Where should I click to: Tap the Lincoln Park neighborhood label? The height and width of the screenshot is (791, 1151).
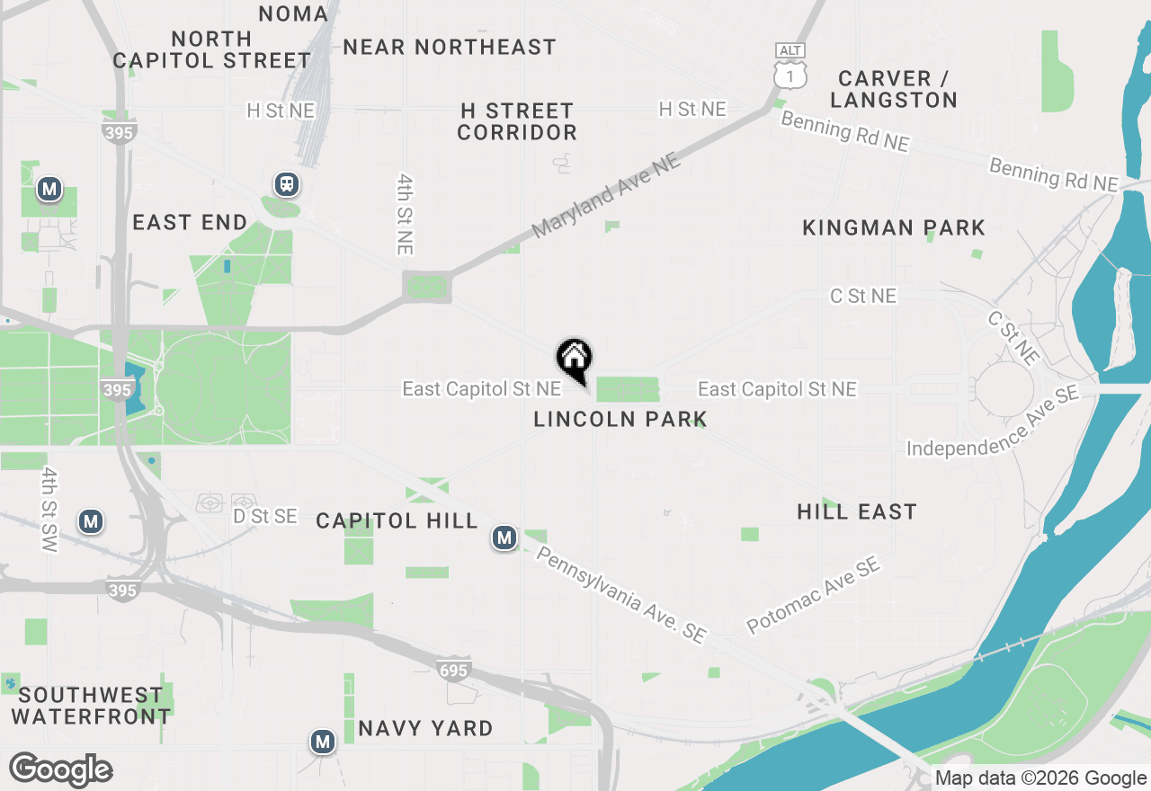[620, 419]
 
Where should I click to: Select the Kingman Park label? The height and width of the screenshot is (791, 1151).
[894, 228]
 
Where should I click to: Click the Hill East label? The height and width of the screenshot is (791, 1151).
[857, 512]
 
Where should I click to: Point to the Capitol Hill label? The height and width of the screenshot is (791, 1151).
[397, 521]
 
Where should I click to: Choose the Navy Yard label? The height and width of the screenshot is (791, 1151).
[425, 728]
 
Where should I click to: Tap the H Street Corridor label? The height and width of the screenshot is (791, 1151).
[517, 121]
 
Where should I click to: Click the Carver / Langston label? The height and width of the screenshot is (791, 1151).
[894, 89]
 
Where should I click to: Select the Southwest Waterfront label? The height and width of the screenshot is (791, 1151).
[91, 706]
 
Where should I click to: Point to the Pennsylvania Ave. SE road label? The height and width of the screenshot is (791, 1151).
[620, 593]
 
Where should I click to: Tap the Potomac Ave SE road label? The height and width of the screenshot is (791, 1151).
[813, 595]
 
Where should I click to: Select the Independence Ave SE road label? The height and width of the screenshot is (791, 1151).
[992, 422]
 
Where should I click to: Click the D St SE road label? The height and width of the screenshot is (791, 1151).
[264, 517]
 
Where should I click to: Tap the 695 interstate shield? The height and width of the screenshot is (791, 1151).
[453, 670]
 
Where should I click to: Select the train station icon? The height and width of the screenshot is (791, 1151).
[287, 184]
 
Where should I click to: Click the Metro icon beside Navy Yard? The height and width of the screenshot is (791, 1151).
[322, 742]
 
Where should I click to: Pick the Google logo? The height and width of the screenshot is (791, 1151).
[61, 770]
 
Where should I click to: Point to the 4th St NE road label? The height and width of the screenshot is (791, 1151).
[404, 213]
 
